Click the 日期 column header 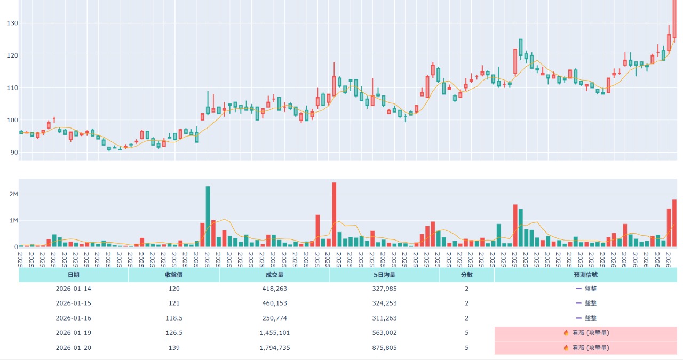pyautogui.click(x=73, y=275)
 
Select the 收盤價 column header pyautogui.click(x=173, y=275)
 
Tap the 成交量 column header pyautogui.click(x=274, y=275)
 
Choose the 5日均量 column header pyautogui.click(x=384, y=275)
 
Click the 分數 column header pyautogui.click(x=466, y=275)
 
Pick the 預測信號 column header pyautogui.click(x=585, y=275)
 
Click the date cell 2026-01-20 pyautogui.click(x=73, y=348)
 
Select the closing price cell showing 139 pyautogui.click(x=173, y=348)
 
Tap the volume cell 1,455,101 pyautogui.click(x=274, y=333)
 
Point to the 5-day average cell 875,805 pyautogui.click(x=384, y=348)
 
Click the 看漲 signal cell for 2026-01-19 pyautogui.click(x=585, y=333)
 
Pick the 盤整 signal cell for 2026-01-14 pyautogui.click(x=585, y=289)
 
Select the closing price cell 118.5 pyautogui.click(x=173, y=318)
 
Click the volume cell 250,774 pyautogui.click(x=274, y=318)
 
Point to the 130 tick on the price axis pyautogui.click(x=12, y=23)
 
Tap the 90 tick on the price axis pyautogui.click(x=14, y=153)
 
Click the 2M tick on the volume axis pyautogui.click(x=13, y=194)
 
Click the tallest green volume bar pyautogui.click(x=208, y=217)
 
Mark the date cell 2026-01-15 pyautogui.click(x=73, y=303)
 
